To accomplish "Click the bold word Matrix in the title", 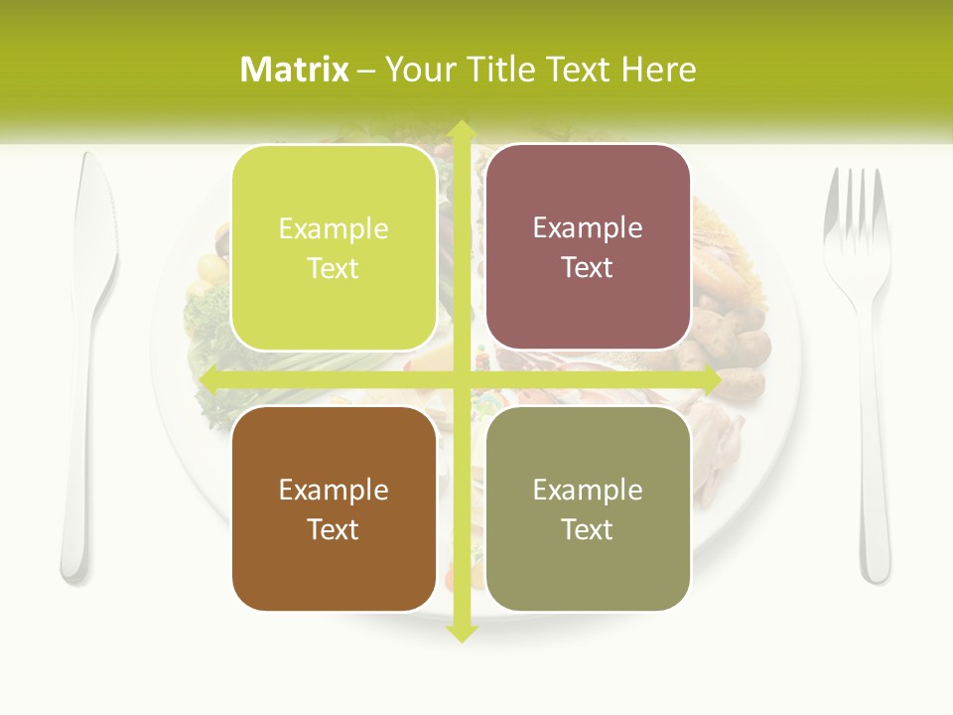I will tap(295, 70).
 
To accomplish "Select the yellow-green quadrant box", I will tap(334, 248).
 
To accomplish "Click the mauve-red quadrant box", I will tap(588, 248).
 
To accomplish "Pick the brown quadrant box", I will tap(334, 508).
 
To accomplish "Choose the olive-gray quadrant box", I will tap(588, 508).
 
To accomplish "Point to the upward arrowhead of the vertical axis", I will tap(461, 130).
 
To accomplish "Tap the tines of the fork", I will tap(857, 204).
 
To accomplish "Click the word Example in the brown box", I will tap(334, 490).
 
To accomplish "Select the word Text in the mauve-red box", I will tap(588, 268).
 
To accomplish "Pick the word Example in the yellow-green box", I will tap(334, 229).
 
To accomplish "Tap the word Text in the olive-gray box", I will tap(588, 529).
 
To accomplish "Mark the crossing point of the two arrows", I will tap(461, 379).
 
